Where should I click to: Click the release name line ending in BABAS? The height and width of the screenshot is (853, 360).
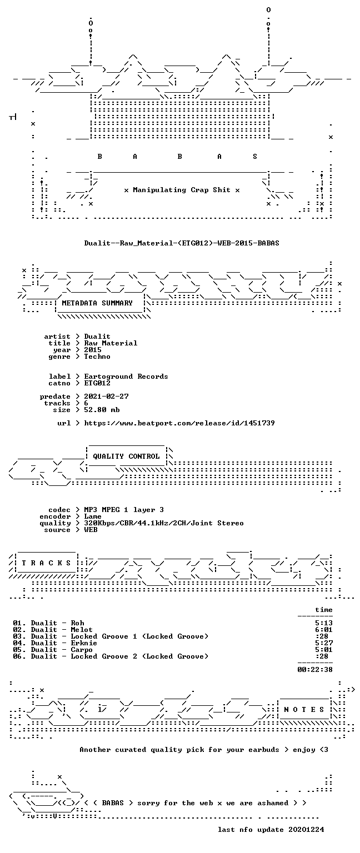[182, 243]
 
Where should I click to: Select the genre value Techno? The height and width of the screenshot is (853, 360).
[97, 357]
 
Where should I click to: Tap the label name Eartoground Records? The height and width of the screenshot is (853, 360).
[126, 377]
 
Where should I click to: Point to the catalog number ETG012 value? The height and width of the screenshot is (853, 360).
[97, 384]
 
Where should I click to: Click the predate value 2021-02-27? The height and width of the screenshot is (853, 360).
[106, 397]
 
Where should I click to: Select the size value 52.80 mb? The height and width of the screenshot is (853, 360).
[102, 410]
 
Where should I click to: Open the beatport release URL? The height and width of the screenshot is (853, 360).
[179, 423]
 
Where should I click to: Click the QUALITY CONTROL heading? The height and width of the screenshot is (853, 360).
[126, 456]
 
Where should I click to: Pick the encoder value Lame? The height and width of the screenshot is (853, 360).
[93, 516]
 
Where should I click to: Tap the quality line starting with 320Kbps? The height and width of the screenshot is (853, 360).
[164, 523]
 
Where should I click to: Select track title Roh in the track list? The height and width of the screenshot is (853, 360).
[77, 623]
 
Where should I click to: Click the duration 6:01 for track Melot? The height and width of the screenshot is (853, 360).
[324, 630]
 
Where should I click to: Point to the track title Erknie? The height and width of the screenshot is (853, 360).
[84, 643]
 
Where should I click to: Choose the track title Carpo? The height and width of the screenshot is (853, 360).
[82, 650]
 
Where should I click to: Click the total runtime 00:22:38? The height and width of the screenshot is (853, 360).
[315, 669]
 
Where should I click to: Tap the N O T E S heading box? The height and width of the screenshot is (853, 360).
[304, 710]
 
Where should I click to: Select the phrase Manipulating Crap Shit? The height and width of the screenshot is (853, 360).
[182, 190]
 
